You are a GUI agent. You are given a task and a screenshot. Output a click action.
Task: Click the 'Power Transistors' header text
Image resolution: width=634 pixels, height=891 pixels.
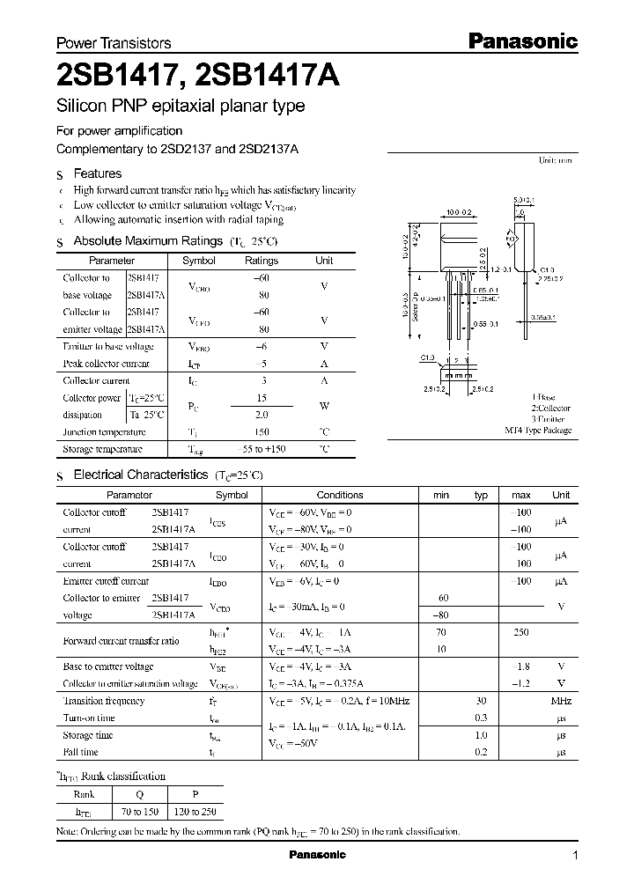tap(114, 42)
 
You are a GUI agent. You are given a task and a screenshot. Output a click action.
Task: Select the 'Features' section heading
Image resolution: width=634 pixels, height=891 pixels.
tap(98, 173)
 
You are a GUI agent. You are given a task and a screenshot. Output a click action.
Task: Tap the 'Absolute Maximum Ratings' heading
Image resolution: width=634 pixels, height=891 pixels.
tap(147, 240)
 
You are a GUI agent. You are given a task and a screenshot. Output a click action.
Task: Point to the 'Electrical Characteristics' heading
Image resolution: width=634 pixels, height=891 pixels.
tap(140, 474)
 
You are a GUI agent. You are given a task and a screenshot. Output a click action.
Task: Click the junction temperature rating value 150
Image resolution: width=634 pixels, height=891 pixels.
tap(261, 432)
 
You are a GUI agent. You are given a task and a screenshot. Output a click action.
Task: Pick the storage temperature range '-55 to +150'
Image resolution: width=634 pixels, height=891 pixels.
tap(261, 449)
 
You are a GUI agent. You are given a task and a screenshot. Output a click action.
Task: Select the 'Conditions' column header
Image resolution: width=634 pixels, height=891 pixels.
tap(340, 495)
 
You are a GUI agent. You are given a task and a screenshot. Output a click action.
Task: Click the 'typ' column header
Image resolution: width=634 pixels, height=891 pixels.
tap(481, 495)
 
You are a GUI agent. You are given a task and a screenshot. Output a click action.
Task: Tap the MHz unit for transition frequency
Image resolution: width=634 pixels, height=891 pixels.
tap(561, 701)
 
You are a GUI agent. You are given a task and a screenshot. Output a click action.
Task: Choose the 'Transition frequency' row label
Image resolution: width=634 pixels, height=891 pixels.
tap(104, 701)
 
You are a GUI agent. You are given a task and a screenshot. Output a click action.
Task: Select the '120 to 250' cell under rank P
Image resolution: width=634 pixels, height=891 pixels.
tap(196, 812)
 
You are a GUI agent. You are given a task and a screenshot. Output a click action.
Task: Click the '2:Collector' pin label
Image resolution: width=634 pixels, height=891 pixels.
tap(550, 409)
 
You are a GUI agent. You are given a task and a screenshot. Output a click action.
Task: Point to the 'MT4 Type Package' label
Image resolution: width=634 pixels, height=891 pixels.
tap(537, 431)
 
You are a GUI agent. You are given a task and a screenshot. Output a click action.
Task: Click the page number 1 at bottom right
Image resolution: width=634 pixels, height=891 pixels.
tap(575, 856)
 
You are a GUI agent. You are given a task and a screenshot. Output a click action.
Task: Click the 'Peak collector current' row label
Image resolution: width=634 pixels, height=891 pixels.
tap(106, 364)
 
